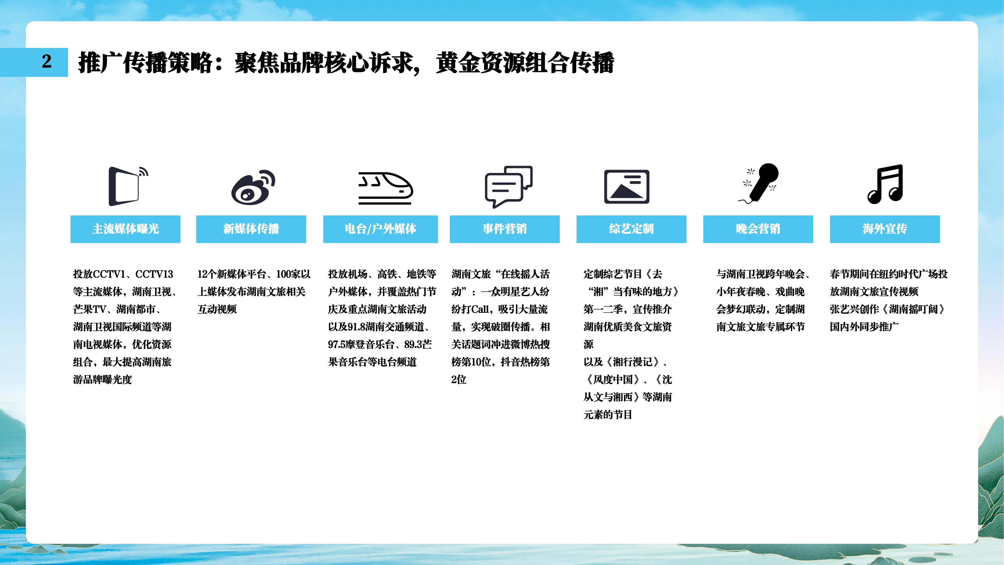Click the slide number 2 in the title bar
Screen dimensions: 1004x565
point(47,61)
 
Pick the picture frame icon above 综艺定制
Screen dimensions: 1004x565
point(627,186)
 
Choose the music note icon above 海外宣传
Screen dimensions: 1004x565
point(885,184)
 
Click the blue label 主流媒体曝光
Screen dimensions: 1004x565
point(125,229)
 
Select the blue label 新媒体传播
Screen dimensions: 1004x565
point(251,229)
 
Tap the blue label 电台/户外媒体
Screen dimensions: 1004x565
point(381,229)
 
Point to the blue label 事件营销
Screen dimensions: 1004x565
point(505,229)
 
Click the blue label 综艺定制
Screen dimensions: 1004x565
point(632,229)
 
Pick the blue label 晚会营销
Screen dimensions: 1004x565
point(758,229)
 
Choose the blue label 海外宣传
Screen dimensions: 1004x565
point(885,229)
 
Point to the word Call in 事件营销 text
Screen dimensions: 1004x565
point(480,309)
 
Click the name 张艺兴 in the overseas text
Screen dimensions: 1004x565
point(844,309)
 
